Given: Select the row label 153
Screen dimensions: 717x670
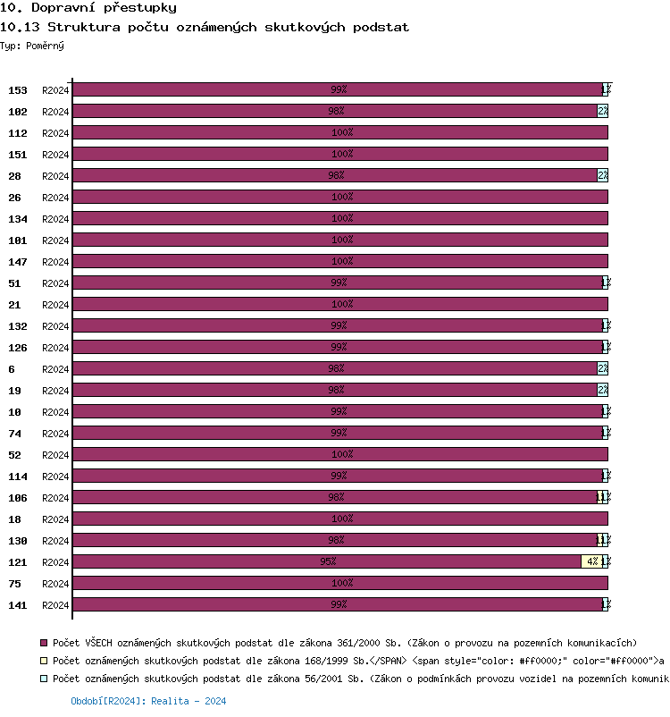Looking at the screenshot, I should tap(18, 90).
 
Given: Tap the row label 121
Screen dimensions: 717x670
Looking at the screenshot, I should tap(18, 562).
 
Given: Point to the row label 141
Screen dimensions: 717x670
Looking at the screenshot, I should tap(18, 605).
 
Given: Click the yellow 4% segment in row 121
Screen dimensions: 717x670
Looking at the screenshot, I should tap(590, 561).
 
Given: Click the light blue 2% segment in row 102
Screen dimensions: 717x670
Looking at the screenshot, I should tap(603, 111).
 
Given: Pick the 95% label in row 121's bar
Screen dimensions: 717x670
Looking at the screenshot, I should tap(328, 561).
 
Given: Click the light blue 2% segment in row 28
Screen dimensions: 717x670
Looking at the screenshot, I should tap(603, 175).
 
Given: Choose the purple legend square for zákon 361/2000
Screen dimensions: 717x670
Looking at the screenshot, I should tap(44, 643).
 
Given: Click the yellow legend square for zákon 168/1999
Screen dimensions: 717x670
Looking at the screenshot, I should tap(44, 661).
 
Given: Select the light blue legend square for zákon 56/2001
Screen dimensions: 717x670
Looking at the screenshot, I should tap(44, 679).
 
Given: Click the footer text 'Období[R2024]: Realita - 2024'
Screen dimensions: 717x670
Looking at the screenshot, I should tap(148, 702).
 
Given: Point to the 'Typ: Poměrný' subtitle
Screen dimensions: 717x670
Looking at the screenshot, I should tap(32, 45).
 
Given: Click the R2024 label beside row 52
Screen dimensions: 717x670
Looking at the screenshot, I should tap(55, 455).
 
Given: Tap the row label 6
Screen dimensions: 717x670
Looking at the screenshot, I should tap(13, 369).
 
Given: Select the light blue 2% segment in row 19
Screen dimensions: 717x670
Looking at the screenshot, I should tap(603, 390).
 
